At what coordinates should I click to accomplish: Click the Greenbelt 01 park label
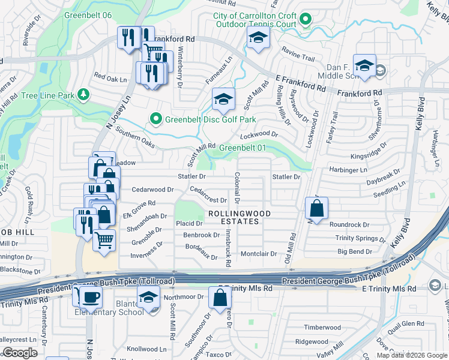pyautogui.click(x=242, y=148)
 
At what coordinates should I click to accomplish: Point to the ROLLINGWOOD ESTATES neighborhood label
pyautogui.click(x=239, y=217)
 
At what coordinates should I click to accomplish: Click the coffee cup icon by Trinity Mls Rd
pyautogui.click(x=91, y=296)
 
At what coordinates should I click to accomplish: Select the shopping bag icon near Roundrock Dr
pyautogui.click(x=317, y=208)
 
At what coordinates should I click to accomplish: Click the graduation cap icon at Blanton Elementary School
pyautogui.click(x=148, y=296)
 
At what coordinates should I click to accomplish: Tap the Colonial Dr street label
pyautogui.click(x=238, y=186)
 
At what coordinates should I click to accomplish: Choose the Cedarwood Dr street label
pyautogui.click(x=152, y=189)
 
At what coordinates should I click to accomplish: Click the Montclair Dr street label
pyautogui.click(x=259, y=254)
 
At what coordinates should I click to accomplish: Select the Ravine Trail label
pyautogui.click(x=299, y=58)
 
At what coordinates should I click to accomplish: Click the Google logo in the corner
pyautogui.click(x=20, y=353)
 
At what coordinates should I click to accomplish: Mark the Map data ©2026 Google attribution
pyautogui.click(x=411, y=355)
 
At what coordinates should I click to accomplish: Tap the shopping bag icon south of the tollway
pyautogui.click(x=220, y=297)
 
